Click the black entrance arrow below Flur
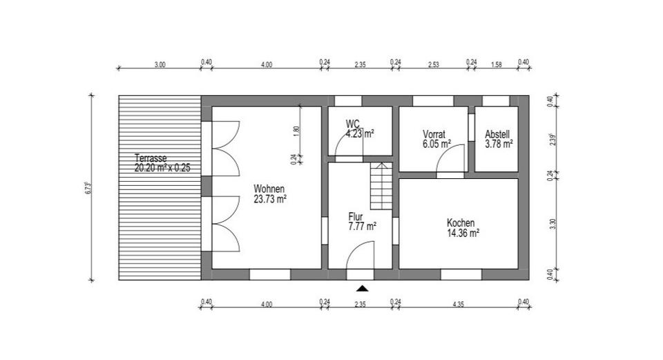[362, 287]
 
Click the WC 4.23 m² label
[359, 129]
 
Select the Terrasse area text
[162, 162]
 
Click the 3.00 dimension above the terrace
[160, 64]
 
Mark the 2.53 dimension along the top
[433, 64]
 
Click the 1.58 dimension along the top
[496, 64]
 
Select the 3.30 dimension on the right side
[552, 224]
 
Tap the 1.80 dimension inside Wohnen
[296, 129]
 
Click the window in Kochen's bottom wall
[461, 274]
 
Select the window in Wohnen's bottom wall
[269, 274]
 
